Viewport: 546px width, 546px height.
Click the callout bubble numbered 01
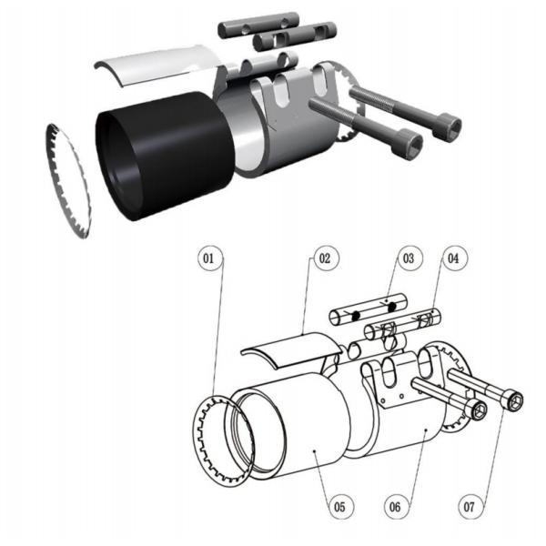pyautogui.click(x=209, y=258)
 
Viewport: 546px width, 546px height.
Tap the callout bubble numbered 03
pyautogui.click(x=409, y=258)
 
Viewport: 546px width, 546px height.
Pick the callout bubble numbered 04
pyautogui.click(x=452, y=258)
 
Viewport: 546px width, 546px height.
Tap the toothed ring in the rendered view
pyautogui.click(x=69, y=177)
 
